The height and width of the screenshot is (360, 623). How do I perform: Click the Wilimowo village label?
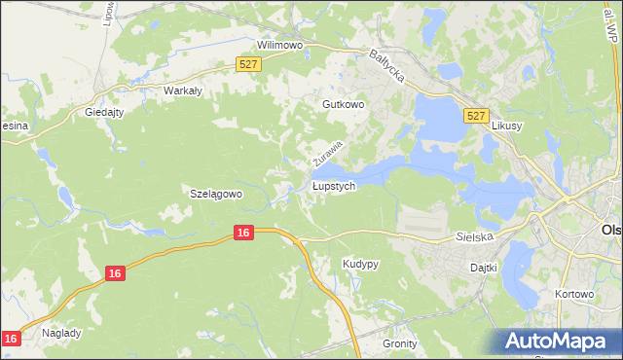pos(280,46)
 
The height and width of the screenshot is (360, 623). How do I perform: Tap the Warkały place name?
pos(181,90)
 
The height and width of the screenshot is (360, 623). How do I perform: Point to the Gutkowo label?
pos(342,103)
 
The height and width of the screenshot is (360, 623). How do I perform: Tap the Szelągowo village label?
pos(214,194)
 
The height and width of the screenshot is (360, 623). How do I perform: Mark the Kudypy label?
pos(360,264)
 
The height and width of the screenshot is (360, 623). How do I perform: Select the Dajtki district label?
pos(484,267)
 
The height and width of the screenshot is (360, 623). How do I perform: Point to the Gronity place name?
pos(399,343)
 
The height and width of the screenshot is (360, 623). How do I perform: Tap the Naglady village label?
pos(61,332)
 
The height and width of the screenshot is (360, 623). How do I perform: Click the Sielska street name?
pos(476,236)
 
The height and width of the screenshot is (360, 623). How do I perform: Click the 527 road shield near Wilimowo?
pos(248,64)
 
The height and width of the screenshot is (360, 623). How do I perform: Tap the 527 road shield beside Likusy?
pos(475,115)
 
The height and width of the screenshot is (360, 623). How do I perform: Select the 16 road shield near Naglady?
pos(12,338)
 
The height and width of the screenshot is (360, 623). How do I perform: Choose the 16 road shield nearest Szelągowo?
pos(244,233)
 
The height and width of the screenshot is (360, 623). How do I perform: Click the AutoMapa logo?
pos(560,340)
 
